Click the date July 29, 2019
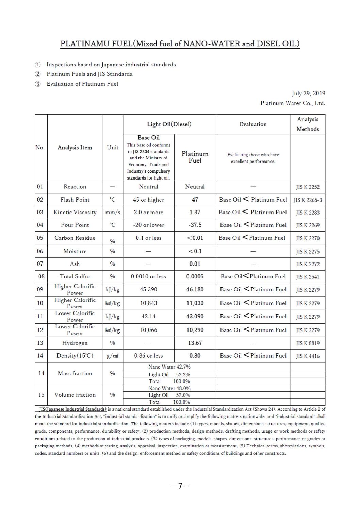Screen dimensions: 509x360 (x=308, y=93)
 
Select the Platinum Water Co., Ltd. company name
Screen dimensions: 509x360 (x=293, y=103)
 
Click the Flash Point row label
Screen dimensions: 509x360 (x=75, y=200)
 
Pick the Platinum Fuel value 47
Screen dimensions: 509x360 (x=195, y=200)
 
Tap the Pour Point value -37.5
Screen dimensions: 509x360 (x=195, y=225)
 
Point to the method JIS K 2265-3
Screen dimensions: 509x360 (x=308, y=200)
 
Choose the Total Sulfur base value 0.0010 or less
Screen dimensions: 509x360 (x=148, y=276)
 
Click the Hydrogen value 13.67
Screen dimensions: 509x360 (x=195, y=343)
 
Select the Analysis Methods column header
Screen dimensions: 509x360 (x=308, y=124)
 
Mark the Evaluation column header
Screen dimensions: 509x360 (x=253, y=124)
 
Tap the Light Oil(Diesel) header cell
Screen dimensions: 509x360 (x=169, y=124)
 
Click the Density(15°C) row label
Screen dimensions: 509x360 (x=75, y=356)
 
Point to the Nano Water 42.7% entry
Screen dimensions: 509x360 (x=169, y=367)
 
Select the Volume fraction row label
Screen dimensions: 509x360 (x=75, y=395)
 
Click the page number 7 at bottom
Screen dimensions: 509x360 (x=180, y=486)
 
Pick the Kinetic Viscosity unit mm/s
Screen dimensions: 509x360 (x=113, y=212)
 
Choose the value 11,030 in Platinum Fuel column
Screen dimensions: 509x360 (x=195, y=303)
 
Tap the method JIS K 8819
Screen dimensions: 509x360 (x=308, y=343)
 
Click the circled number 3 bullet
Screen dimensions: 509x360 (x=38, y=84)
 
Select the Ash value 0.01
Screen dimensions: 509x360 (x=195, y=264)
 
